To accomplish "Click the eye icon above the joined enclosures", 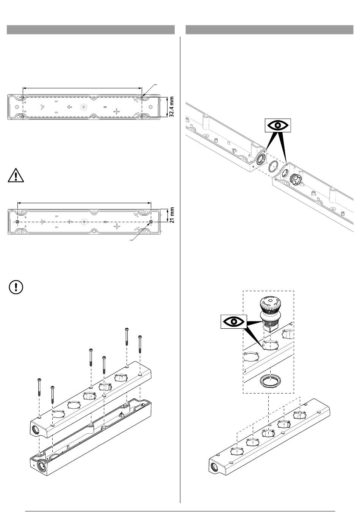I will [278, 125].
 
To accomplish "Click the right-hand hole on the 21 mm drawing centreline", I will [151, 221].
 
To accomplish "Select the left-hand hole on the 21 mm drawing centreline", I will [17, 221].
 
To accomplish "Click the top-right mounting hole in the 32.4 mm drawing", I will [142, 97].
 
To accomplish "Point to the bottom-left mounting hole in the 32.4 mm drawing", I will [23, 116].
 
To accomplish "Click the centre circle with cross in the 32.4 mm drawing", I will [84, 107].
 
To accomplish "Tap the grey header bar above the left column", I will [91, 30].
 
